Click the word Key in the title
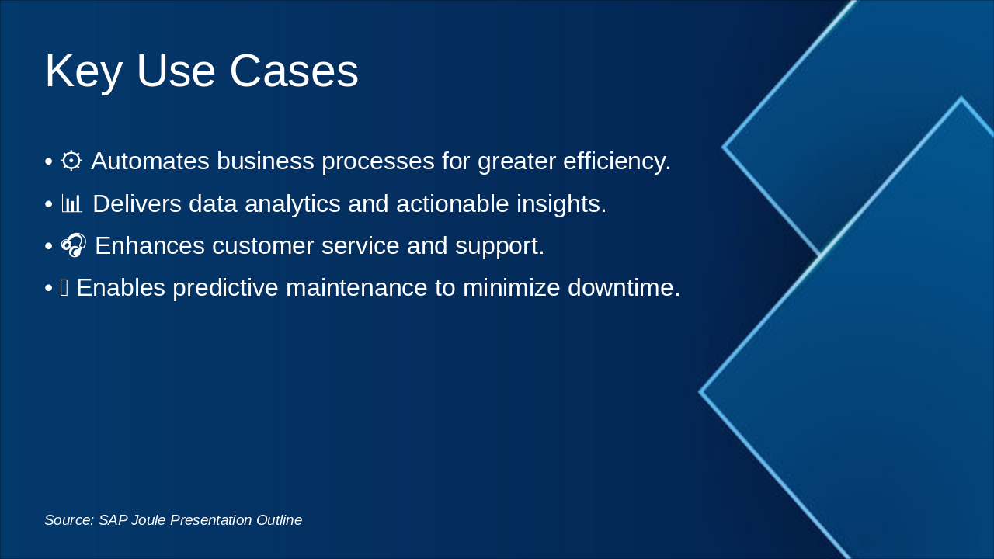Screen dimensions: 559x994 coord(83,71)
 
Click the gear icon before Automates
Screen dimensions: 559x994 coord(71,161)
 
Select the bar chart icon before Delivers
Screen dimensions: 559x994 coord(72,203)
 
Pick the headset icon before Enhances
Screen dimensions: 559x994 coord(73,245)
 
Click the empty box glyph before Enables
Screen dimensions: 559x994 coord(64,288)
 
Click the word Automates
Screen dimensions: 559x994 coord(150,161)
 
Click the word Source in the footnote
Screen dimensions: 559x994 coord(69,520)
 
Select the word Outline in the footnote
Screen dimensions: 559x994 coord(279,520)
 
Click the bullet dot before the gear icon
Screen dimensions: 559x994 coord(49,162)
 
